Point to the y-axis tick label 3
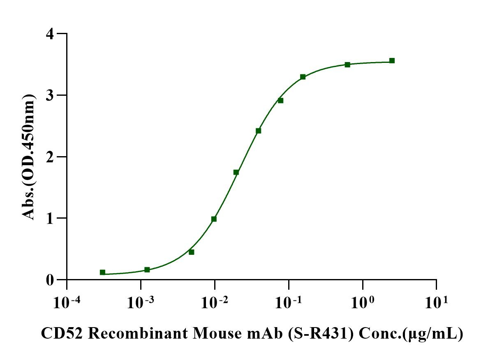[50, 95]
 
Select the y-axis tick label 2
[50, 157]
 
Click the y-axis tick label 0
[50, 280]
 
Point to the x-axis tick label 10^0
[362, 303]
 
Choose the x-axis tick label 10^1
[436, 303]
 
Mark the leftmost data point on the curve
[102, 272]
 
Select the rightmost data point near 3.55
[392, 61]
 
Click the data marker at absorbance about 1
[214, 219]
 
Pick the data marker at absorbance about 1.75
[236, 172]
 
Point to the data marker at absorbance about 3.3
[303, 77]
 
